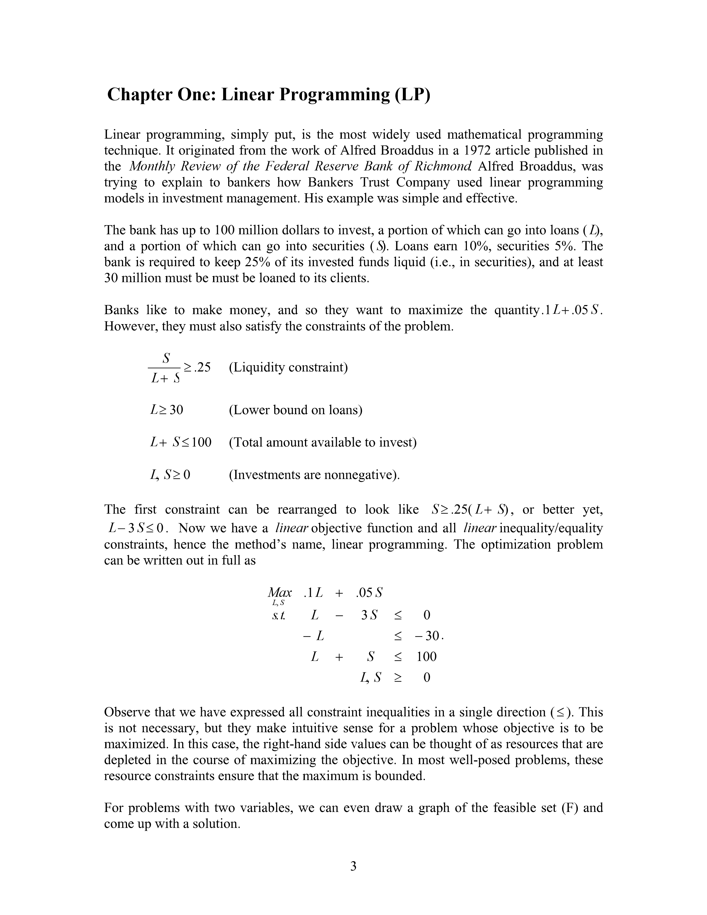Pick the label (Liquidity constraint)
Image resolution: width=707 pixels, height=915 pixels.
(288, 367)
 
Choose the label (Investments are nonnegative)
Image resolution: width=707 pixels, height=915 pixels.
(314, 475)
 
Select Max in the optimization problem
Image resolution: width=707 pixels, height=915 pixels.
(280, 593)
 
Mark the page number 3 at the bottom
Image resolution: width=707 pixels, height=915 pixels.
(353, 866)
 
